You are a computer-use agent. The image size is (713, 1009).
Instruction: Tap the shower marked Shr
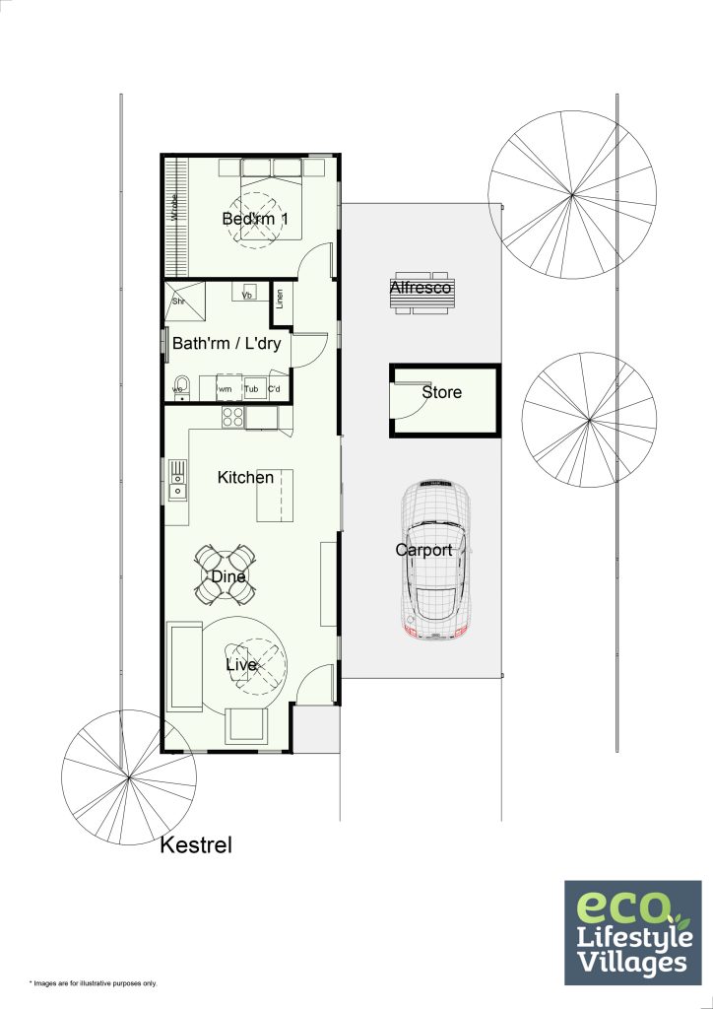184,301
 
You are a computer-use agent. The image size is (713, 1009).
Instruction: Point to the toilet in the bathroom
180,384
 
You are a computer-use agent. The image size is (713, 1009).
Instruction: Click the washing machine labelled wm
226,388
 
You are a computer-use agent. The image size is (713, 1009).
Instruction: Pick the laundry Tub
252,389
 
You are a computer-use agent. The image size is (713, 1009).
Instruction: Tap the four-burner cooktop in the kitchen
232,417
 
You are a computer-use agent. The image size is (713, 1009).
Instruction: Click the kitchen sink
178,479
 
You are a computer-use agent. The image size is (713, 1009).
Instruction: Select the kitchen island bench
276,495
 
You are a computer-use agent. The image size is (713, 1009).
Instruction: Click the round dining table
227,575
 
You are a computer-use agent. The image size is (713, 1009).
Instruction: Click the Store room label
441,392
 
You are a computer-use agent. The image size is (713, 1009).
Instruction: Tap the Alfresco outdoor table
421,293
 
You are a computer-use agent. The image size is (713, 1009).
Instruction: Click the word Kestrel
197,844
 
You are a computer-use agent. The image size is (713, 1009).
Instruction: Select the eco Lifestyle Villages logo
632,931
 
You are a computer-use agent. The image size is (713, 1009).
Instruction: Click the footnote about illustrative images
93,983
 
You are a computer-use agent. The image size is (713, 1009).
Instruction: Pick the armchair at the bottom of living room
245,725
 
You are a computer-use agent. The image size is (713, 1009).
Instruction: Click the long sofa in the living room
182,666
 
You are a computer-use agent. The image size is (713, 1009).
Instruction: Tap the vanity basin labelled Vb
247,294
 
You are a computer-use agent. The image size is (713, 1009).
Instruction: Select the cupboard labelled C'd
277,389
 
